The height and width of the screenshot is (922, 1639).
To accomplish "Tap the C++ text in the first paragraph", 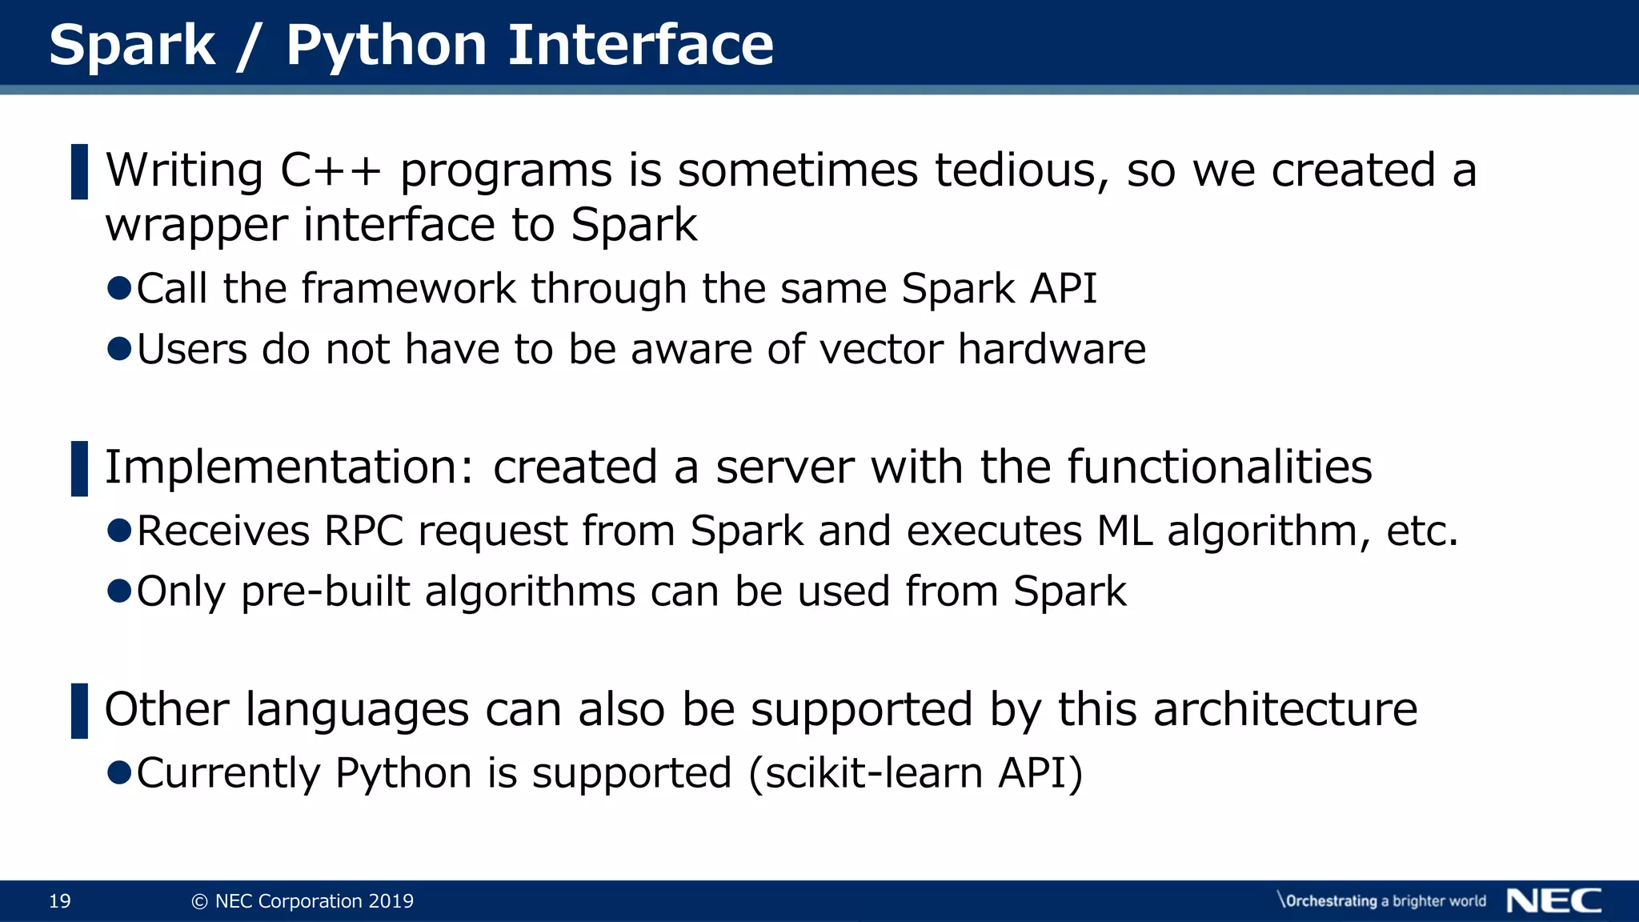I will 331,170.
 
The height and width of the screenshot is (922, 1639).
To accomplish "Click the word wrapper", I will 196,226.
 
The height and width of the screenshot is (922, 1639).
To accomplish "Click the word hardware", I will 1052,350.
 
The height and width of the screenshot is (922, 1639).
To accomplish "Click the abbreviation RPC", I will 363,531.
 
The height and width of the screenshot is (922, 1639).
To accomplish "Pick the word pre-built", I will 325,592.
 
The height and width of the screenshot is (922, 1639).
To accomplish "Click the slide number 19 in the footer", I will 60,901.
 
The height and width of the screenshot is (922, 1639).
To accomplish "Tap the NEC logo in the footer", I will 1553,900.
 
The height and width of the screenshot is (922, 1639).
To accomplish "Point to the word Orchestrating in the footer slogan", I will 1330,901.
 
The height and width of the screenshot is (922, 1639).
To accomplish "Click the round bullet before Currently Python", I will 119,772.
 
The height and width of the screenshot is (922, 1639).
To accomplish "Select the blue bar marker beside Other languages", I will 79,711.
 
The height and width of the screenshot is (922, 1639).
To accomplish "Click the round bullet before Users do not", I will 119,349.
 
